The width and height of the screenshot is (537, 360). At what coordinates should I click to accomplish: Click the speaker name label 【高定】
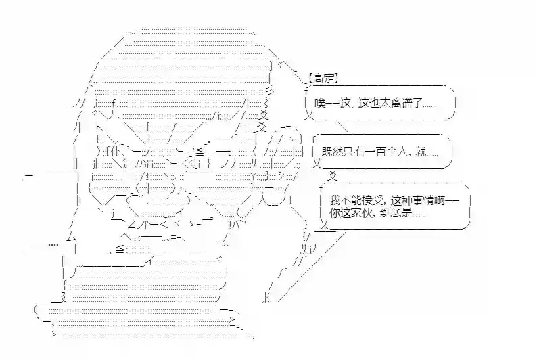[322, 78]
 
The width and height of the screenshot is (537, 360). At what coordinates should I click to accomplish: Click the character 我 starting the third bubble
[334, 200]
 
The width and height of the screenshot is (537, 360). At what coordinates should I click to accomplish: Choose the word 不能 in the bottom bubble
[350, 200]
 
